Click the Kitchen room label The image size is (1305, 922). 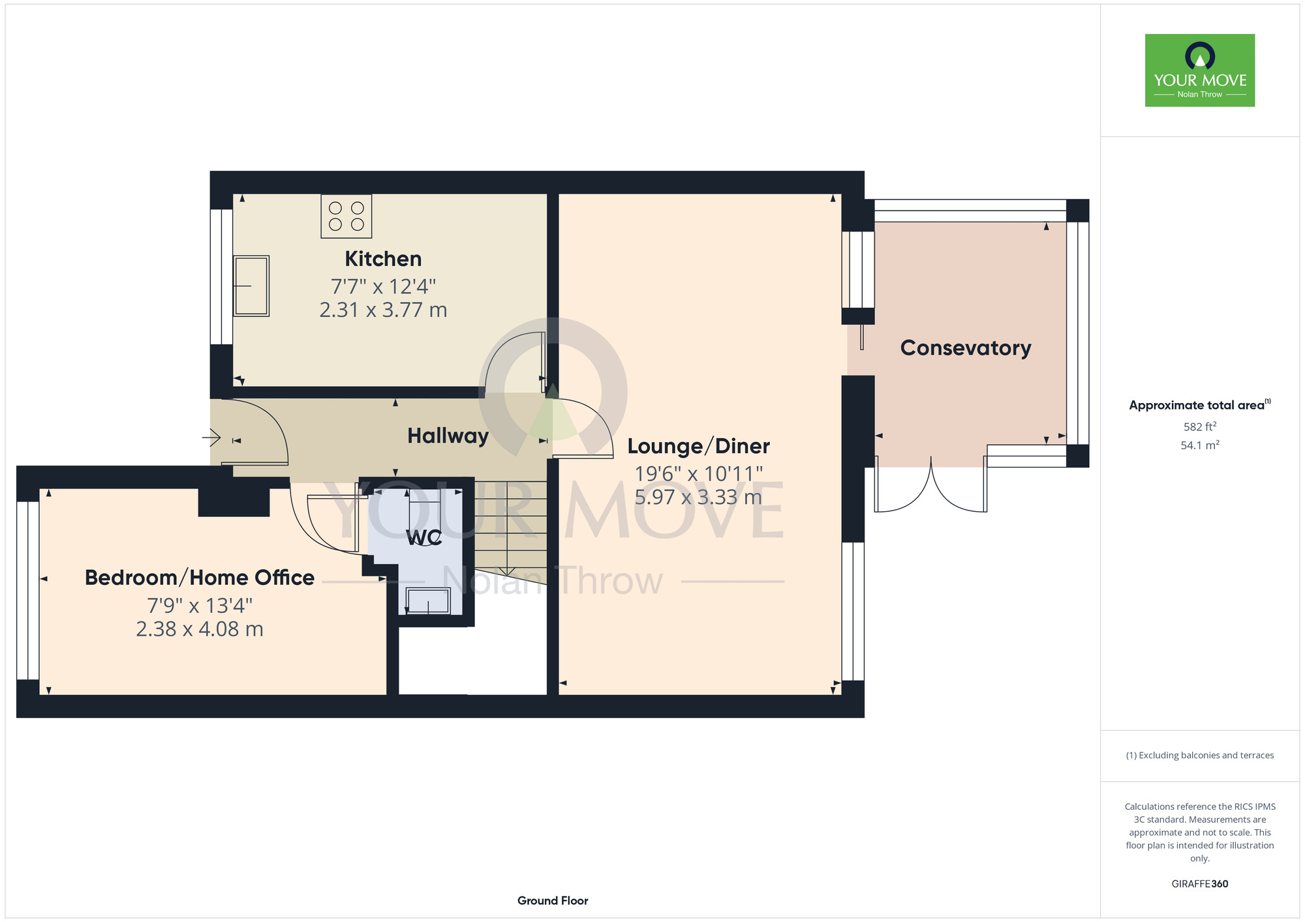(x=383, y=259)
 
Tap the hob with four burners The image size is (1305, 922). (x=346, y=216)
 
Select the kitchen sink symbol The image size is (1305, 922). (x=251, y=286)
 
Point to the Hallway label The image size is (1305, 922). (x=448, y=436)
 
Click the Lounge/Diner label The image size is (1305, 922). (x=698, y=446)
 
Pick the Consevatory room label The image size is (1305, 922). (x=966, y=348)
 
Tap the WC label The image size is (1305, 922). (x=424, y=538)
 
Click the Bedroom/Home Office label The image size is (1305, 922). (x=200, y=578)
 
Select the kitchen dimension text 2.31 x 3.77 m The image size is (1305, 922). (x=383, y=310)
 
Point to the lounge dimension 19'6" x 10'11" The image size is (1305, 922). (x=698, y=473)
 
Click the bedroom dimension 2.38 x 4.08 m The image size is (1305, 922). (x=200, y=629)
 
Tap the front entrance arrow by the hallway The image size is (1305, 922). (x=211, y=436)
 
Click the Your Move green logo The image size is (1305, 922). (x=1200, y=70)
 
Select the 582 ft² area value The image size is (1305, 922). (x=1200, y=426)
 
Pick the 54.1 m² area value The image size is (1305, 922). (x=1200, y=445)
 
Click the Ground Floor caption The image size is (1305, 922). (x=553, y=900)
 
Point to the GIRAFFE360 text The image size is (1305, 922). (x=1200, y=884)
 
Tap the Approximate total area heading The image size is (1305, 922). (x=1200, y=405)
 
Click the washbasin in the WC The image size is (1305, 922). (x=428, y=601)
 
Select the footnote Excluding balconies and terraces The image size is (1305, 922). (x=1200, y=755)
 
